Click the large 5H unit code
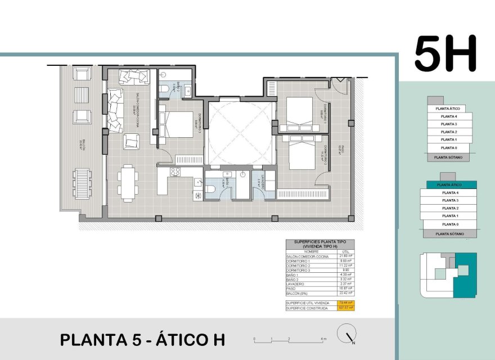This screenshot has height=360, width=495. click(x=445, y=54)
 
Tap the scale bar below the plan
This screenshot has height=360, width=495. click(x=290, y=340)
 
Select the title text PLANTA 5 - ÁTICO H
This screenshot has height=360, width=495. click(x=142, y=340)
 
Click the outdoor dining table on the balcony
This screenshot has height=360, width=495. click(x=83, y=183)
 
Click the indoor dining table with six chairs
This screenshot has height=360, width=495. click(x=129, y=183)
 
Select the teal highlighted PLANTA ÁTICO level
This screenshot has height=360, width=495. click(x=449, y=184)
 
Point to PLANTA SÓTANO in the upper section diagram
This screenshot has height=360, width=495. click(x=448, y=157)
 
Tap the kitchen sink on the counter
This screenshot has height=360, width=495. click(x=199, y=182)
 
